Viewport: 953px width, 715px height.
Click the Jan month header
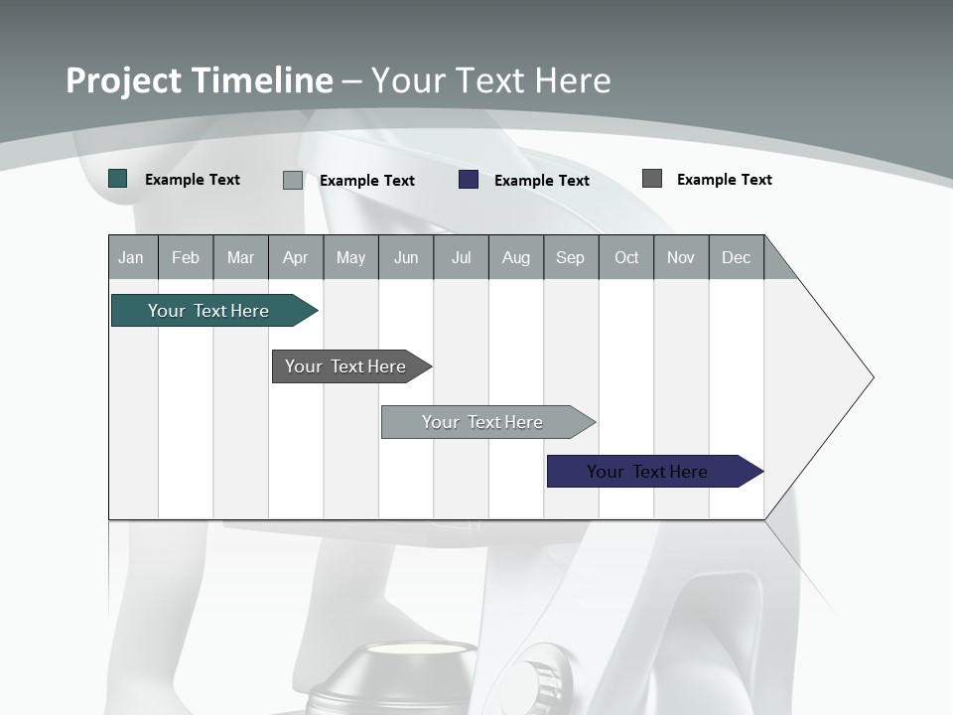pos(132,257)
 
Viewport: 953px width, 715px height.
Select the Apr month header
pos(296,257)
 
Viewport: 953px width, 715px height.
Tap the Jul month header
pos(461,257)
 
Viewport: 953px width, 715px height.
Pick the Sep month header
pos(570,257)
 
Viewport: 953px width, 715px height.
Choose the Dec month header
pos(736,257)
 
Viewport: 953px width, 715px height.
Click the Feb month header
pos(186,257)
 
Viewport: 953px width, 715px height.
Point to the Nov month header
pos(681,257)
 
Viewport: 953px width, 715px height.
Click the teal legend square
pos(118,179)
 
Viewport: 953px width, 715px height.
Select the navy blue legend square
pos(469,180)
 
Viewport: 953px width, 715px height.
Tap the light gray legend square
pos(293,180)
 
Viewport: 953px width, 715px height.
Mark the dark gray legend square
pos(652,179)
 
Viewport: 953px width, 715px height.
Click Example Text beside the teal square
pos(193,180)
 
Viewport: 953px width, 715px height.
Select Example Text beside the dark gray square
pos(725,180)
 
